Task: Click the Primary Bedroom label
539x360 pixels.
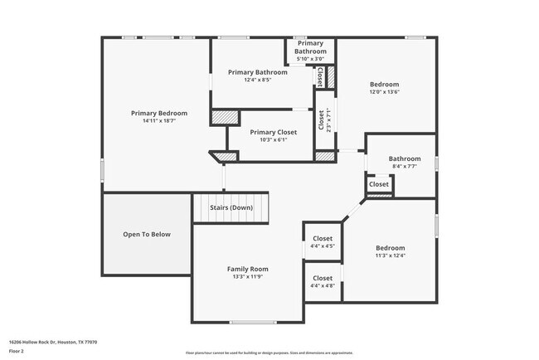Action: [159, 113]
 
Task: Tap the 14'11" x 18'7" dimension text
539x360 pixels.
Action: [159, 121]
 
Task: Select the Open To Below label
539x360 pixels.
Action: [147, 235]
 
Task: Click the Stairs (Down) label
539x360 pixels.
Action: [231, 207]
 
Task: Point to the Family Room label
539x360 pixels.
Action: [248, 269]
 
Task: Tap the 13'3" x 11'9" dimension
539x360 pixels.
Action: [248, 277]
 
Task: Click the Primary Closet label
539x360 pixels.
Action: [274, 132]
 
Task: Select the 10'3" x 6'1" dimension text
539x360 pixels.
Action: [274, 140]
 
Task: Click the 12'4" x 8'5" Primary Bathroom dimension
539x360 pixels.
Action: [258, 80]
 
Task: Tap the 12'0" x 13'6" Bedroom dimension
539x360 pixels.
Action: [384, 92]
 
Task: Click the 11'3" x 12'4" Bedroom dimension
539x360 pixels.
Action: [390, 255]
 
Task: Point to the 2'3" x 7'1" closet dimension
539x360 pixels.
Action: [329, 120]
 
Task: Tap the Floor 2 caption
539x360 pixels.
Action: [17, 351]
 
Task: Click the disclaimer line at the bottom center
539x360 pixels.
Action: [269, 353]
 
